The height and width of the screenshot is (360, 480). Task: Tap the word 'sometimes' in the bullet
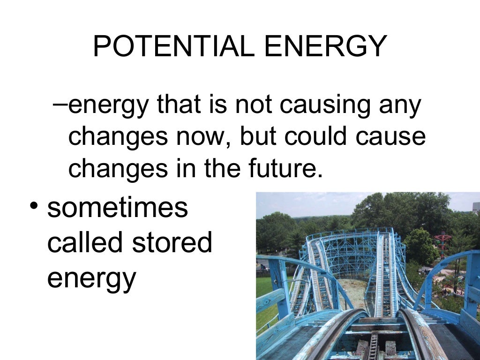click(x=117, y=208)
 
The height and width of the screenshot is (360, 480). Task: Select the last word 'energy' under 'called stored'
click(x=91, y=278)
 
